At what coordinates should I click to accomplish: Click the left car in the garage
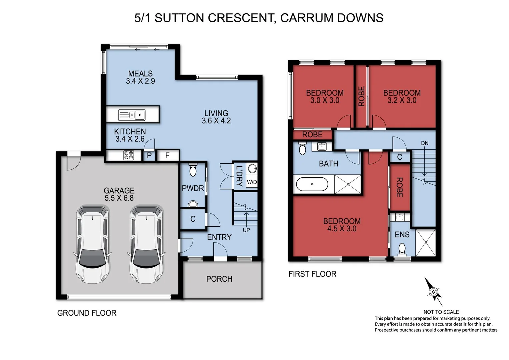coord(92,244)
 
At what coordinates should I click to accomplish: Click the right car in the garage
coord(146,244)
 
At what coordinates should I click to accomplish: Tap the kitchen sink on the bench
coord(132,115)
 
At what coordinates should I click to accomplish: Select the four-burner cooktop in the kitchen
coord(128,155)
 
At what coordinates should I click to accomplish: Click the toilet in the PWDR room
coord(193,170)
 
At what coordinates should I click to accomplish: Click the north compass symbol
coord(433,292)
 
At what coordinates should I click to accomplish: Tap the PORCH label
coord(219,279)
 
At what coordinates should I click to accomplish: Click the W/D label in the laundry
coord(252,182)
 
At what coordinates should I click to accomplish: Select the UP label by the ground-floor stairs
coord(246,230)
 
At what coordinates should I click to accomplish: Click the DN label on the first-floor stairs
coord(424,143)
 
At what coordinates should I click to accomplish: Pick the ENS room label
coord(402,235)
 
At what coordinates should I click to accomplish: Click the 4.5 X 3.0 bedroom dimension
coord(342,229)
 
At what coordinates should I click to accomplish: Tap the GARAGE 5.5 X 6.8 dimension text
coord(119,198)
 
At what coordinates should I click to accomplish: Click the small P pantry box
coord(149,155)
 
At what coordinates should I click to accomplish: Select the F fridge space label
coord(167,155)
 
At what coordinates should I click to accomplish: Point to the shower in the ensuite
coord(426,243)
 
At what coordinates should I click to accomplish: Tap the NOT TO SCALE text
coord(441,312)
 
